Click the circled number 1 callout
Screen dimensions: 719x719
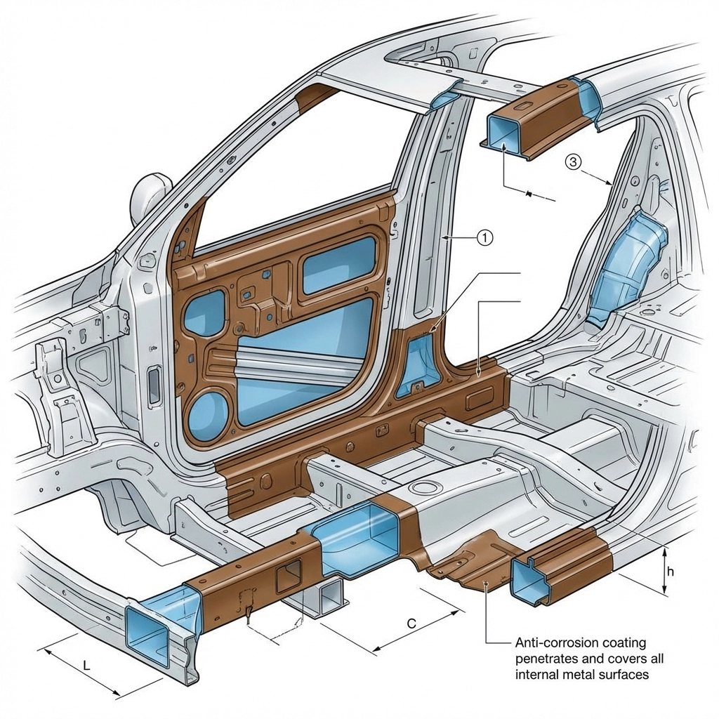485,238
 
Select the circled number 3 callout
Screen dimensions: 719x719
573,162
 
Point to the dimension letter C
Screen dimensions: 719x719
411,623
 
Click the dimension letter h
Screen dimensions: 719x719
670,572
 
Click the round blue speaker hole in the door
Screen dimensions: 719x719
209,416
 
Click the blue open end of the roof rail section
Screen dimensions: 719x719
503,136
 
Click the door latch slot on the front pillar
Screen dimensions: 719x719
154,385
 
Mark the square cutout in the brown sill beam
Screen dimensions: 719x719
289,576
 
